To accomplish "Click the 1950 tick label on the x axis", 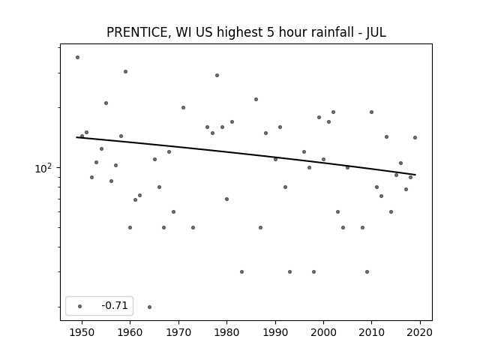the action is point(82,332).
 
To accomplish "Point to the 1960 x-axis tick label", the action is point(130,332).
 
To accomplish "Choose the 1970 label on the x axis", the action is point(178,332).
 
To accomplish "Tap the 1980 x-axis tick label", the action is point(226,332).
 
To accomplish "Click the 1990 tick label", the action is point(275,332).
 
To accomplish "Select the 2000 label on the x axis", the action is point(323,332).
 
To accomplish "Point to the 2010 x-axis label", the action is point(372,332).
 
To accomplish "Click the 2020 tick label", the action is point(420,332).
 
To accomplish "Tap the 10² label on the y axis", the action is point(43,168).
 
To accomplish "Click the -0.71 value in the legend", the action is point(115,305).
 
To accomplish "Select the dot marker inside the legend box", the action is point(80,306).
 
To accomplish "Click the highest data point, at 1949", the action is point(78,58).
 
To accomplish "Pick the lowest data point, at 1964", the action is point(149,307).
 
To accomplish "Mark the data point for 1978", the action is point(217,75).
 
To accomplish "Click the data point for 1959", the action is point(125,72).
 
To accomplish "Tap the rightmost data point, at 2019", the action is point(415,138).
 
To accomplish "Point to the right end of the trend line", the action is point(415,175).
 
